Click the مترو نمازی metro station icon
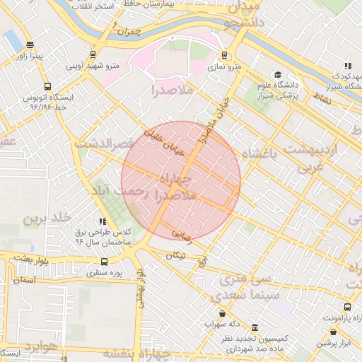click(x=225, y=55)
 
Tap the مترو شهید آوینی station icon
click(x=93, y=55)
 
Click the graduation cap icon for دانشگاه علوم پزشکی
click(x=278, y=75)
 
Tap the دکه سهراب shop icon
click(x=223, y=313)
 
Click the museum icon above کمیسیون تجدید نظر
click(x=255, y=328)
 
